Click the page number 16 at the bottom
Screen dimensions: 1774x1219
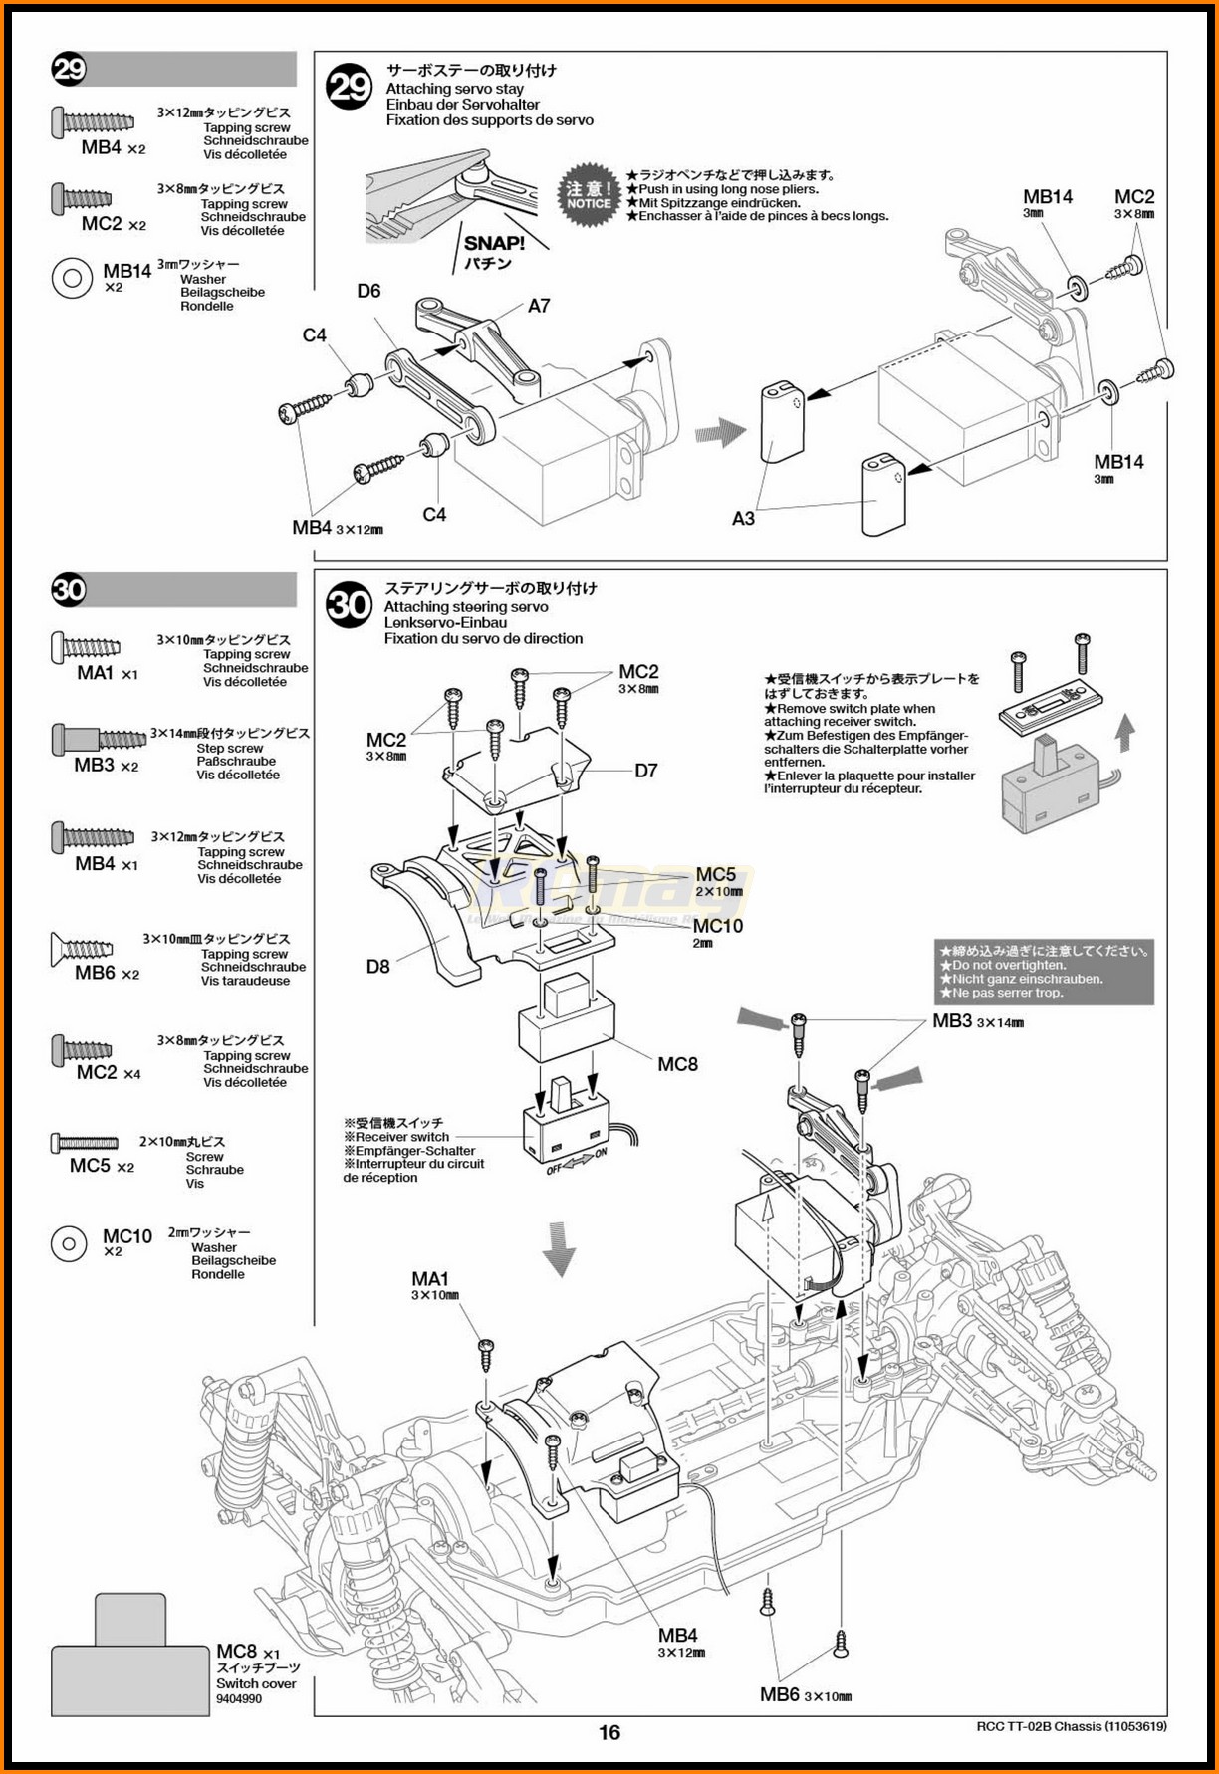[x=609, y=1733]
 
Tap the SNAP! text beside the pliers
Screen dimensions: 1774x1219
[x=494, y=243]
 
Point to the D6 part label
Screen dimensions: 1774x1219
[x=368, y=291]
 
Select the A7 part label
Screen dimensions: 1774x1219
[x=539, y=306]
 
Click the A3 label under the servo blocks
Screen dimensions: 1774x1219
[x=743, y=518]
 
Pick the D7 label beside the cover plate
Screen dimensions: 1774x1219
[x=646, y=771]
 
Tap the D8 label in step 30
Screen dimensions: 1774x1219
[x=377, y=966]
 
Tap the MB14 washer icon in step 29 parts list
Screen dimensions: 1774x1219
[x=72, y=278]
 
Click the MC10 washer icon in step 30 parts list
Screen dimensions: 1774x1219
[x=69, y=1243]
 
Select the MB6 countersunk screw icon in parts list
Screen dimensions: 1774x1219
[x=82, y=949]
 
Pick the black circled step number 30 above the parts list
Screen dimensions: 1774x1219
[x=69, y=590]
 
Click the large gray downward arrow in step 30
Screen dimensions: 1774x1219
[x=559, y=1248]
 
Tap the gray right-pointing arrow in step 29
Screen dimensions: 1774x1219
[x=720, y=431]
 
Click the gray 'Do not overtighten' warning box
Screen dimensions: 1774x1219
[x=1044, y=972]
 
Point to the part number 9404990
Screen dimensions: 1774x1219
[x=239, y=1698]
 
